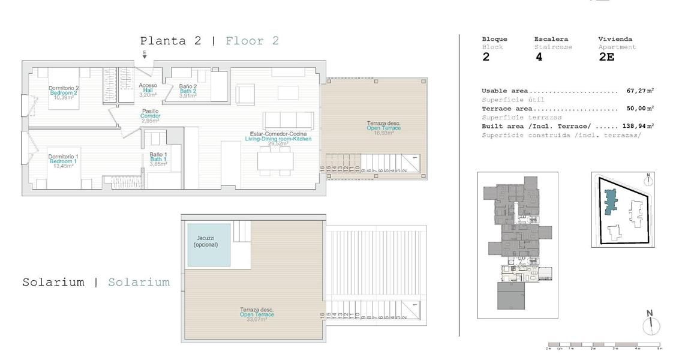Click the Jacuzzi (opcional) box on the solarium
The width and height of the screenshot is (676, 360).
(x=209, y=245)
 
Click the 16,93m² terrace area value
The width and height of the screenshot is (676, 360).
(x=383, y=133)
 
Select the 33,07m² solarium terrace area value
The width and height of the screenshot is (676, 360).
(x=257, y=320)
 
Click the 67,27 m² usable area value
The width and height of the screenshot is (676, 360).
(x=639, y=91)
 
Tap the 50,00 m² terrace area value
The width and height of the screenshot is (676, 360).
(x=639, y=109)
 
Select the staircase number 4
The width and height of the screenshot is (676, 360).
(x=539, y=58)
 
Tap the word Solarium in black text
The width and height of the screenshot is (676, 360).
(x=53, y=282)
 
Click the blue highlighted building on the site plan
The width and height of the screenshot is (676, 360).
(x=611, y=202)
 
